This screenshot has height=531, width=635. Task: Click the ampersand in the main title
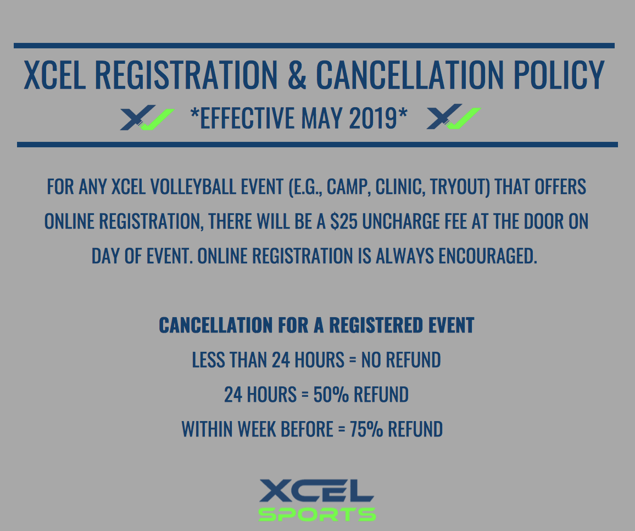(297, 75)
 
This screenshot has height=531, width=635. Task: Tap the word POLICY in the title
(559, 75)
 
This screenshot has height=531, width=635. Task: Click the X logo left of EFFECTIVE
(147, 118)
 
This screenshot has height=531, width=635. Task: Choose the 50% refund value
(331, 395)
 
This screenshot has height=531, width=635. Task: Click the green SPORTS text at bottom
(317, 514)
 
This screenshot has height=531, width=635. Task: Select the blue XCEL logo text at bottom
(316, 491)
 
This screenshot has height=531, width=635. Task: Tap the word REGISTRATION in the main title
(186, 75)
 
